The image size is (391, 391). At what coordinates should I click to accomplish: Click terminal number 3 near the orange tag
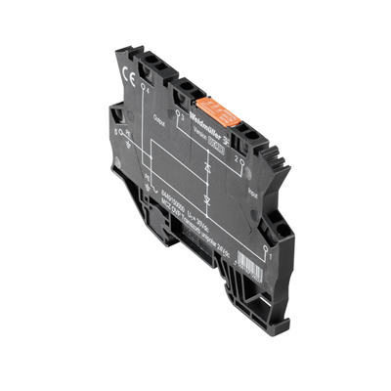point(182,113)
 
